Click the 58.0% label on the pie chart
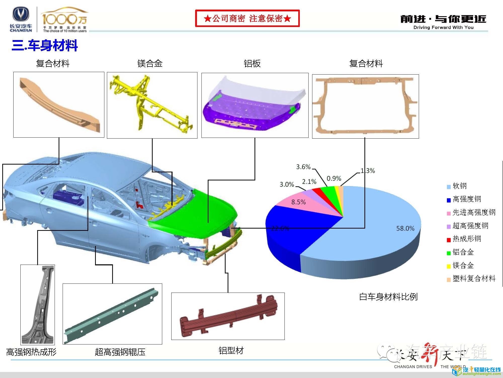[x=405, y=228]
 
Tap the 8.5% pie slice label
[x=298, y=202]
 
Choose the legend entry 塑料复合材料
[x=474, y=278]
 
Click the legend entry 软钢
[x=459, y=186]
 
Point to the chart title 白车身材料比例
[x=388, y=297]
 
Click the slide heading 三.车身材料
[x=45, y=46]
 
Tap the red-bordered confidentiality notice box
[x=247, y=18]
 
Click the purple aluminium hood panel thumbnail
[x=255, y=106]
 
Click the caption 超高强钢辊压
[x=120, y=352]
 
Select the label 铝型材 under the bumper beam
[x=231, y=351]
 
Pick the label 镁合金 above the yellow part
[x=150, y=64]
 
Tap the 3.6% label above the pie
[x=303, y=167]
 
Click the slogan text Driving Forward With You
[x=443, y=27]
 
